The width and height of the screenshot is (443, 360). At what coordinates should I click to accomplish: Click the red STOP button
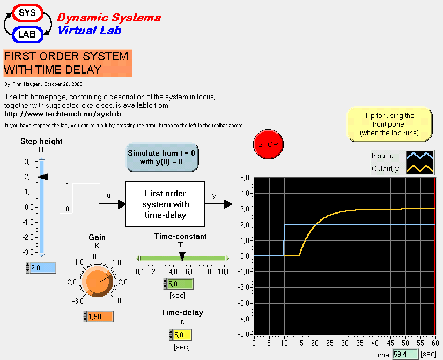pos(268,144)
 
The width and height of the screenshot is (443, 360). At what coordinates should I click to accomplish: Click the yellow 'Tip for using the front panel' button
pos(389,124)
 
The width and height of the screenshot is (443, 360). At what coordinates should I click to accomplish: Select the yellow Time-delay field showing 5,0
pos(180,335)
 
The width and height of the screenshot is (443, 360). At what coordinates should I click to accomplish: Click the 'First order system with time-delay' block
pos(165,204)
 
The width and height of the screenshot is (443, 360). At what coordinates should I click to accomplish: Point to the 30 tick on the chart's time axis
pos(344,342)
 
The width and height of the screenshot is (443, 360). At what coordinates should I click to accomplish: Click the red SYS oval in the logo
pos(27,12)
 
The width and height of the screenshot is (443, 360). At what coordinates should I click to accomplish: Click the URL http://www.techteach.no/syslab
pos(63,114)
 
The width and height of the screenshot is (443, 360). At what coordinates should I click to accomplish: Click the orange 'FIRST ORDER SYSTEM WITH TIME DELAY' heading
pos(68,63)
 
